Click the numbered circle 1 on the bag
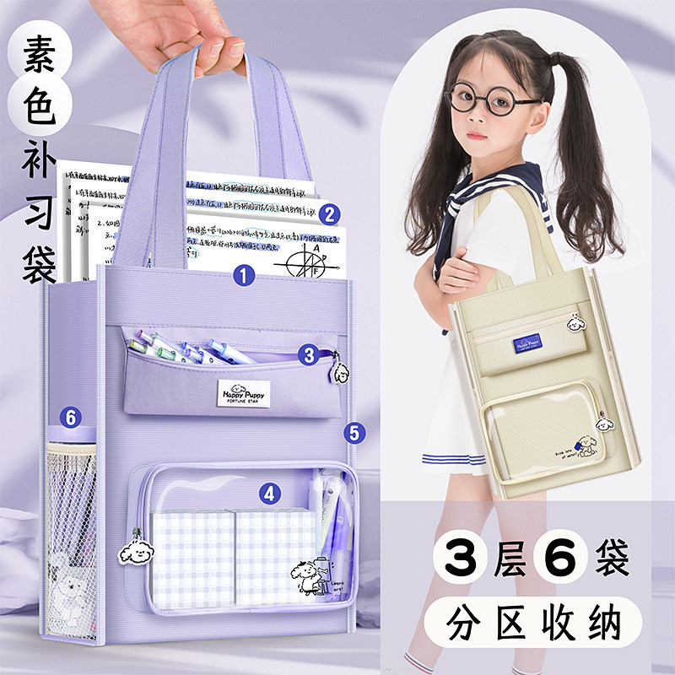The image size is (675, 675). [x=245, y=275]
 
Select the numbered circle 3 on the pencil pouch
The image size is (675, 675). [x=309, y=356]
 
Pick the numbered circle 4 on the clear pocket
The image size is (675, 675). [x=269, y=494]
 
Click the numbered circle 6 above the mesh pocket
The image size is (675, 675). [x=71, y=417]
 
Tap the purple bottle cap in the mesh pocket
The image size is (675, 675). [x=69, y=437]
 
